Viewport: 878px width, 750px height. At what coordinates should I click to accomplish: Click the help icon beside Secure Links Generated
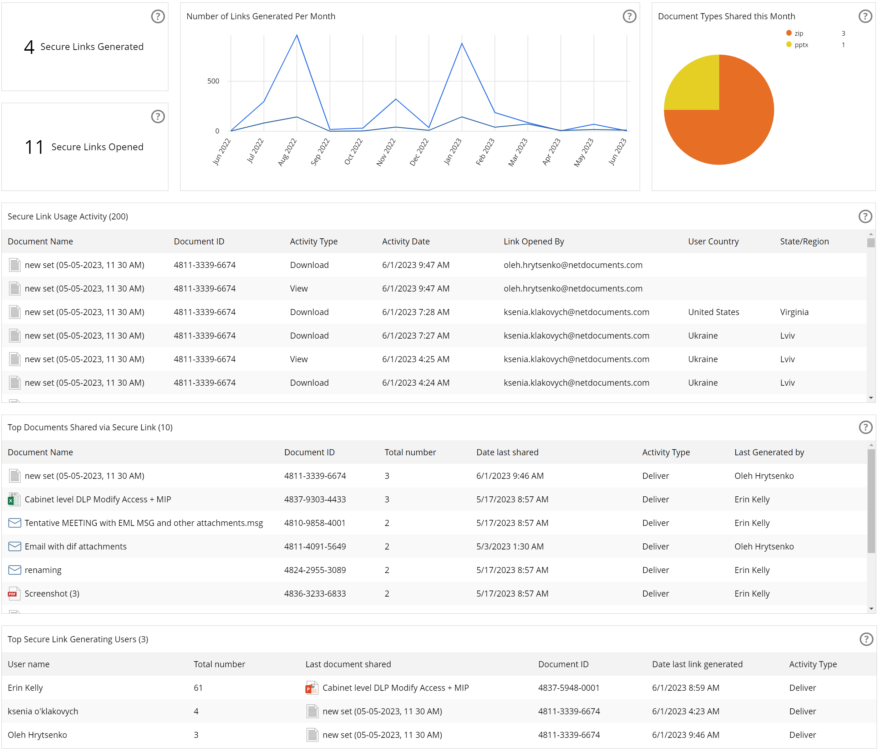[158, 16]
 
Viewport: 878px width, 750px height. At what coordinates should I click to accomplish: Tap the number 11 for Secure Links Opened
[34, 147]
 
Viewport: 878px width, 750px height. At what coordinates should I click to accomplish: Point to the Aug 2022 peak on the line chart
[296, 35]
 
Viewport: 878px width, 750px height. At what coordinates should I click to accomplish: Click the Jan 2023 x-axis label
[453, 151]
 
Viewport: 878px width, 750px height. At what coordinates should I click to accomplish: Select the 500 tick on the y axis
[213, 81]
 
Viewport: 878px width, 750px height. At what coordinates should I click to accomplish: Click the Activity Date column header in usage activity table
[406, 242]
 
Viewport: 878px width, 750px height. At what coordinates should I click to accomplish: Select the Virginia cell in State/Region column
[794, 312]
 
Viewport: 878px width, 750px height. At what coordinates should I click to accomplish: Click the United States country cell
[713, 312]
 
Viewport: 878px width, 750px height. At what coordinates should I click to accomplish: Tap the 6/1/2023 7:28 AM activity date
[415, 312]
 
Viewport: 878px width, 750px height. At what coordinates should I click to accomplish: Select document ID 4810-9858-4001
[314, 523]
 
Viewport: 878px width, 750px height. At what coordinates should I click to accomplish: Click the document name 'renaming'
[43, 570]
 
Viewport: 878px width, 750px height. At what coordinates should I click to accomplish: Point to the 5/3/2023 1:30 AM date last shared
[510, 547]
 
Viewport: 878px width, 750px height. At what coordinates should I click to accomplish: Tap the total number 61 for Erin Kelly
[198, 688]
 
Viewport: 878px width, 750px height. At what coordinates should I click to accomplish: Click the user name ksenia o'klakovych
[43, 711]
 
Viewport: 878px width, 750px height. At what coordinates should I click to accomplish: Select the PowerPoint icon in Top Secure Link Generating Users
[312, 688]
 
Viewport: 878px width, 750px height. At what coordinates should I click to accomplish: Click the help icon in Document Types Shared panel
[865, 16]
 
